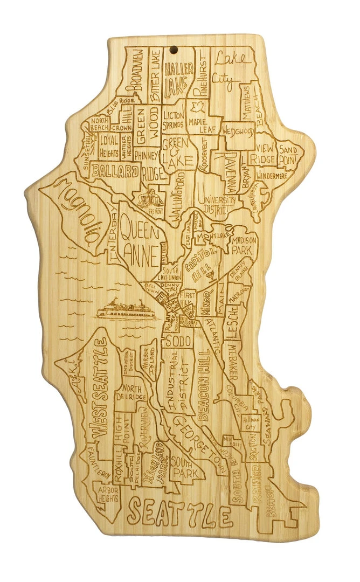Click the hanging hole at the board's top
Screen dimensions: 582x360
click(174, 51)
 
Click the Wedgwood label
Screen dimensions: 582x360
click(238, 131)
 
